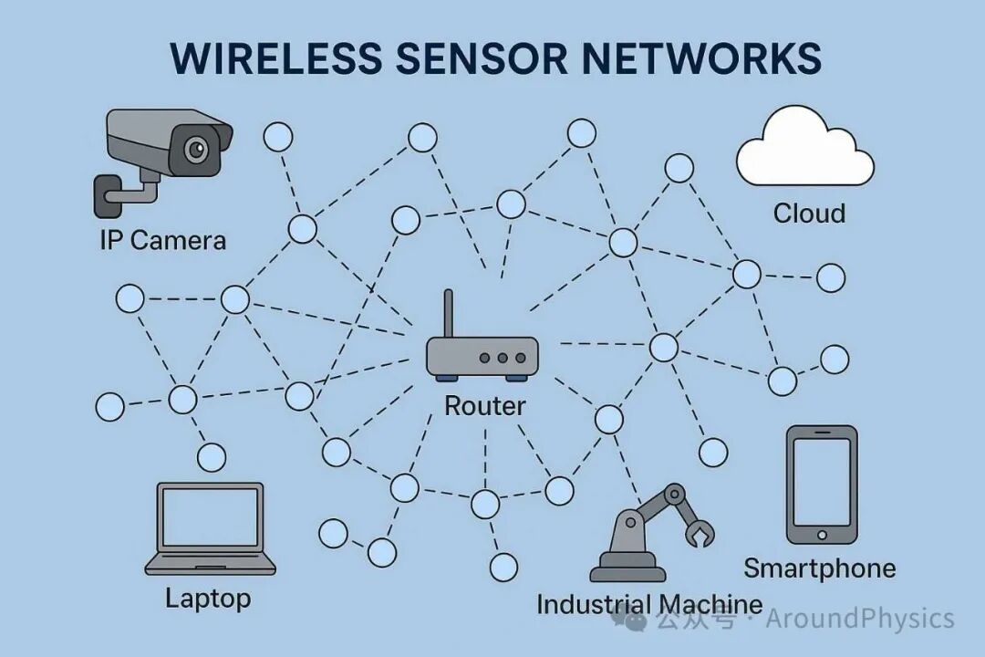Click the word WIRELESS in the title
[x=275, y=58]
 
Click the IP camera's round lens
[x=195, y=149]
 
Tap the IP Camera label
[x=162, y=241]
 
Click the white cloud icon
[x=804, y=151]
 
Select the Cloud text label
[x=809, y=214]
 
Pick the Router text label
[x=484, y=406]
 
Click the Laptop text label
[x=208, y=600]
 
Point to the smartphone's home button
[x=822, y=535]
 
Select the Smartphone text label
[x=819, y=569]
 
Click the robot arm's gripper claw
[x=701, y=534]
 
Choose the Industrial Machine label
[x=648, y=604]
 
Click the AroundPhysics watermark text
[x=859, y=620]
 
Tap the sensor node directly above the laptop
[x=212, y=456]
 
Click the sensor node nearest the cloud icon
[x=679, y=169]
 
